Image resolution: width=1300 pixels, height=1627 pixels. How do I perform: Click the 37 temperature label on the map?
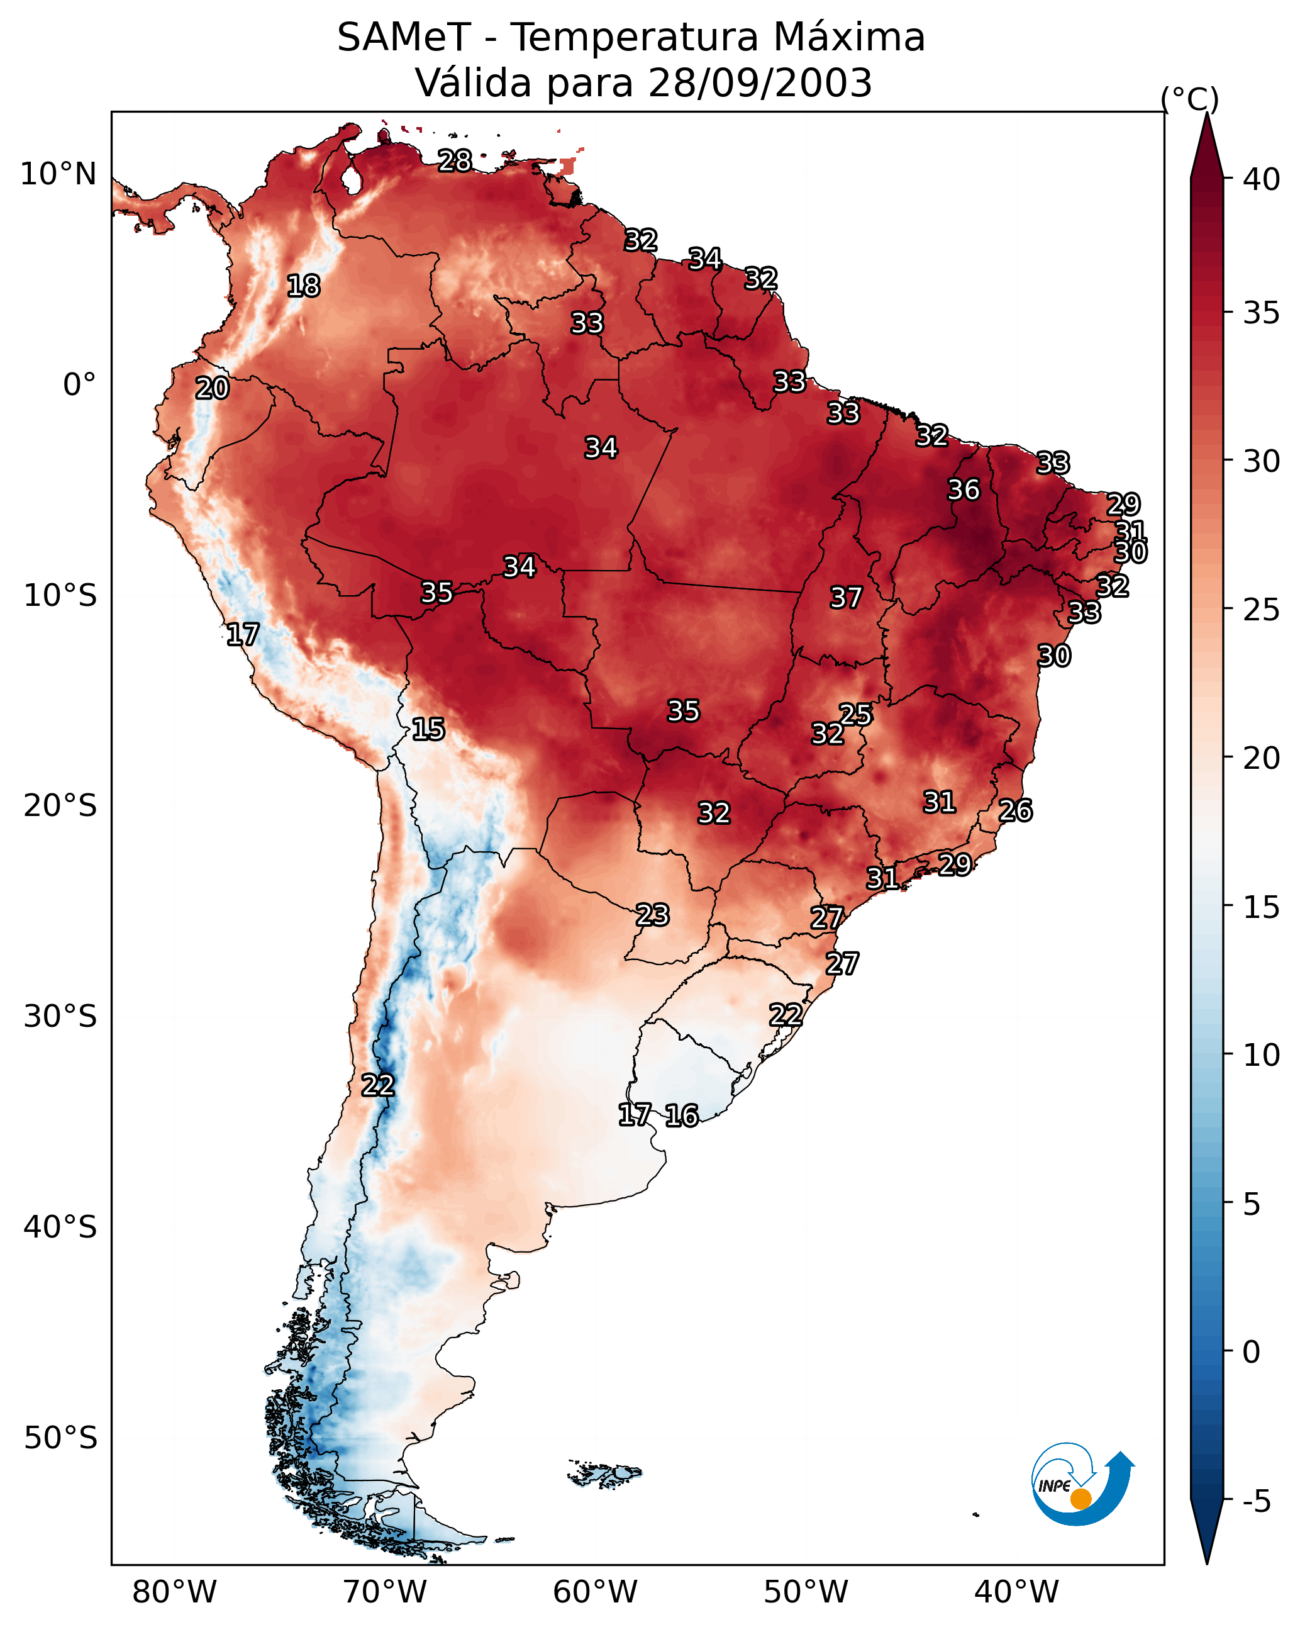coord(846,598)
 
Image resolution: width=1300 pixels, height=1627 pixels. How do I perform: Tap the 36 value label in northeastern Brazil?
coord(964,489)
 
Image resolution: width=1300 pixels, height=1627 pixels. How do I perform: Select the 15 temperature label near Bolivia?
coord(428,729)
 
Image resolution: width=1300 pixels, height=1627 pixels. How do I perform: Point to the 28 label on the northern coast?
coord(455,160)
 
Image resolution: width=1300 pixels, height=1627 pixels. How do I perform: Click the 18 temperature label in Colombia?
coord(303,286)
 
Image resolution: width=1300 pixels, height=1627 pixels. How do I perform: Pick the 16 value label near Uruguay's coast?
coord(681,1115)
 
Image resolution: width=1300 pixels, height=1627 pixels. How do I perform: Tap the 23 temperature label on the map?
coord(652,915)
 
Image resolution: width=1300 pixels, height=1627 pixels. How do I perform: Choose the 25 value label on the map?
coord(855,714)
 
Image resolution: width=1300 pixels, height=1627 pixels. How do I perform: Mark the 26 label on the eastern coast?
coord(1016,810)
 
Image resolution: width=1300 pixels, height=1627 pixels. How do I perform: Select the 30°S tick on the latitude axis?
coord(60,1017)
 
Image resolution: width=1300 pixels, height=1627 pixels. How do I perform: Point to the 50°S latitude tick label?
coord(60,1438)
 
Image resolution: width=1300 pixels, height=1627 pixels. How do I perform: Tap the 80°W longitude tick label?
coord(174,1592)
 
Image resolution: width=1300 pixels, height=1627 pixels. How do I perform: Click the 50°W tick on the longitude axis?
coord(806,1592)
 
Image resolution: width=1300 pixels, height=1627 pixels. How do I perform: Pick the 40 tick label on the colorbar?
coord(1262,179)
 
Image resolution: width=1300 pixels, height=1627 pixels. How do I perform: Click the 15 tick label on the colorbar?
coord(1262,907)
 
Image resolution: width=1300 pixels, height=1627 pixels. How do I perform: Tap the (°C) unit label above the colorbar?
coord(1190,99)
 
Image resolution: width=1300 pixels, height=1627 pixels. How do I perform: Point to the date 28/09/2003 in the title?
coord(760,82)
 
